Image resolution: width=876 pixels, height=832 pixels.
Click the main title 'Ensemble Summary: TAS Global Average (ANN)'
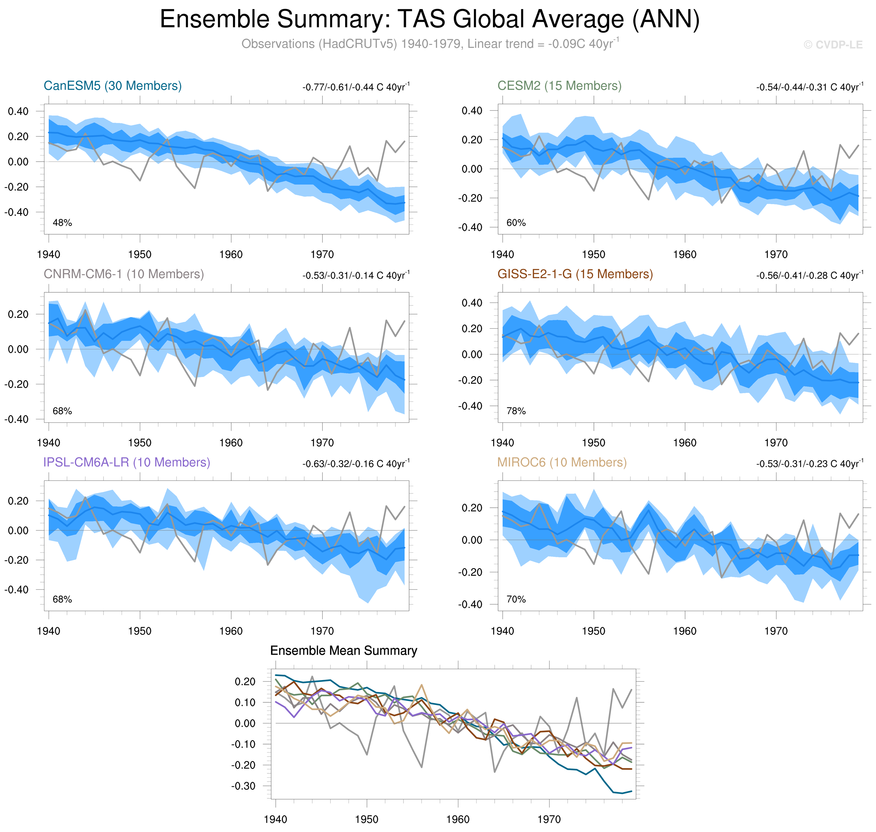(429, 20)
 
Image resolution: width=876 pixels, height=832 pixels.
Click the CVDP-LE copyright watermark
(832, 45)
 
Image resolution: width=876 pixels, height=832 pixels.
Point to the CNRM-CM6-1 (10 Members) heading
(123, 274)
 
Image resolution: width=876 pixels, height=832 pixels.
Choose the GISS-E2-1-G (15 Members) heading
(575, 274)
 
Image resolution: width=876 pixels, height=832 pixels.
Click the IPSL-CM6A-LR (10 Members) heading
(126, 462)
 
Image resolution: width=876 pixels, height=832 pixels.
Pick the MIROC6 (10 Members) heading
(562, 462)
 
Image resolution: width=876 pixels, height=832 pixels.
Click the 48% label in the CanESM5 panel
(62, 223)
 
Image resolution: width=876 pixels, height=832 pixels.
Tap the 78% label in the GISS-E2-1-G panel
(516, 411)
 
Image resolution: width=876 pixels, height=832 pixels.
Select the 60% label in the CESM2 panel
(516, 223)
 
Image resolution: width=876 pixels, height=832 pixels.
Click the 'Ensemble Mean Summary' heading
(343, 650)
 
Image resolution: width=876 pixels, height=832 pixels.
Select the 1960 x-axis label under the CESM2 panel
(685, 255)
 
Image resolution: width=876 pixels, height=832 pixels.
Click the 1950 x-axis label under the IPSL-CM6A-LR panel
(140, 631)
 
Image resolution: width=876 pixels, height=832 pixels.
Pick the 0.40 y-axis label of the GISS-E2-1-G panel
(472, 303)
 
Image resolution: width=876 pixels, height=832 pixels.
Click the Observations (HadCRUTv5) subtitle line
(429, 44)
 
